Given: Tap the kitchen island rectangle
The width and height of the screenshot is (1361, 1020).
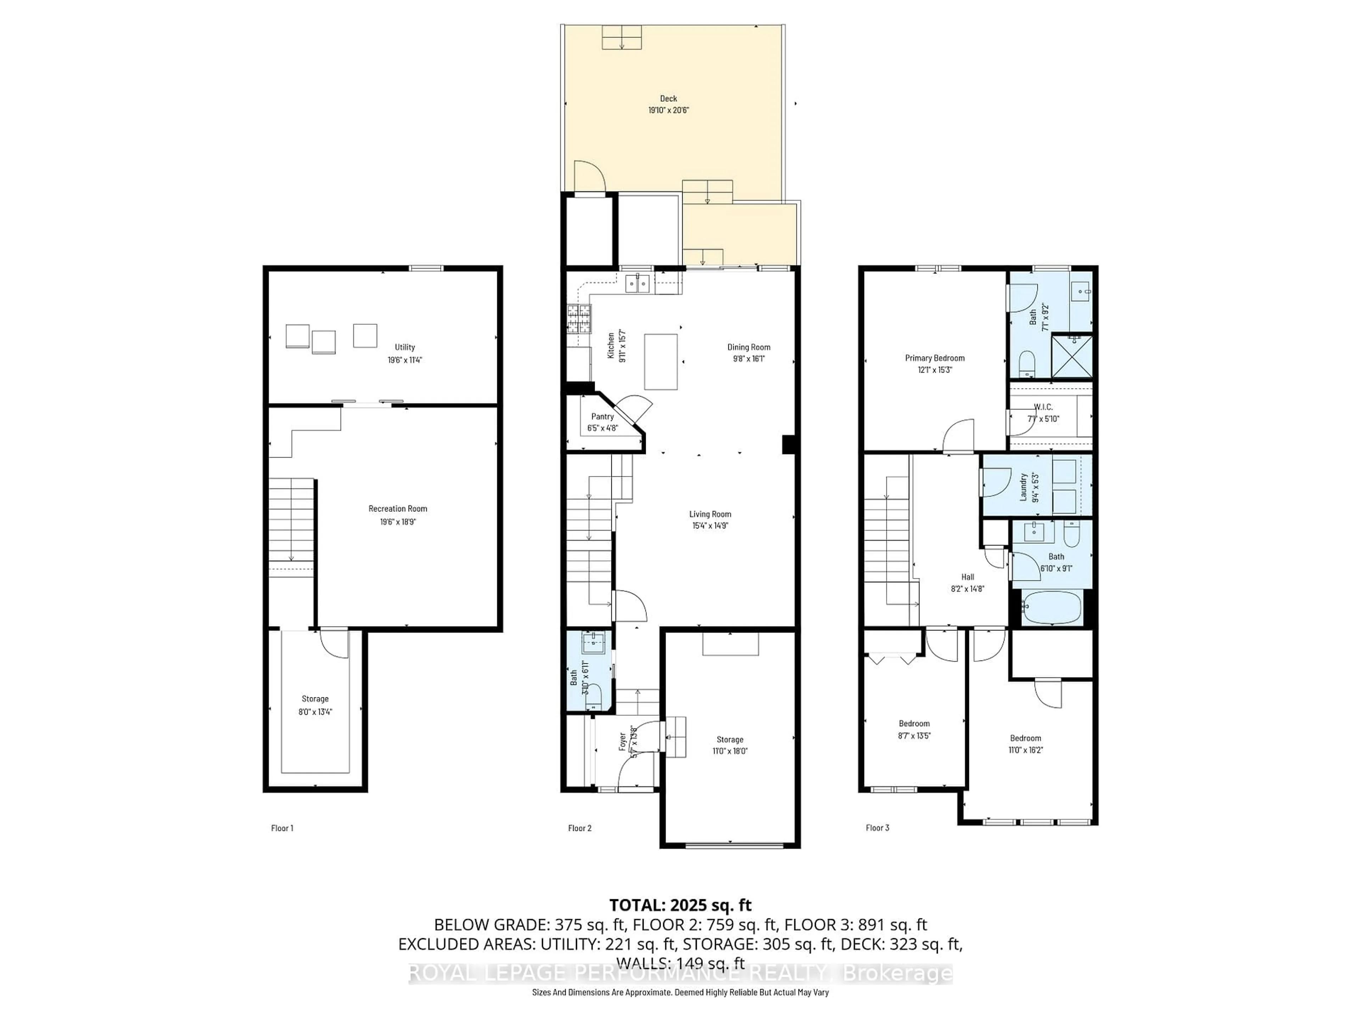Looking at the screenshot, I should click(x=661, y=362).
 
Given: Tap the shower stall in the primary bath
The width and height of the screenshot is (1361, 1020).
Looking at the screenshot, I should click(x=1072, y=356).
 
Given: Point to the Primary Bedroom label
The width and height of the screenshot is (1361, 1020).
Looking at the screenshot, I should click(x=935, y=358).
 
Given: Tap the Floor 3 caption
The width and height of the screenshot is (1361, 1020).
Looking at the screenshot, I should click(x=878, y=828).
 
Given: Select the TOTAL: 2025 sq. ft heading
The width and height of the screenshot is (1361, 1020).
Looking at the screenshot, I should click(x=680, y=905).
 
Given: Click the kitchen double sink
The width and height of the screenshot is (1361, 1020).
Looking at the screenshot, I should click(x=638, y=284).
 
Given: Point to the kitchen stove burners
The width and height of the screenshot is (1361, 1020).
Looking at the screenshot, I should click(x=578, y=318).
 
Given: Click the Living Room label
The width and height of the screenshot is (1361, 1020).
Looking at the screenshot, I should click(x=710, y=514).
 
